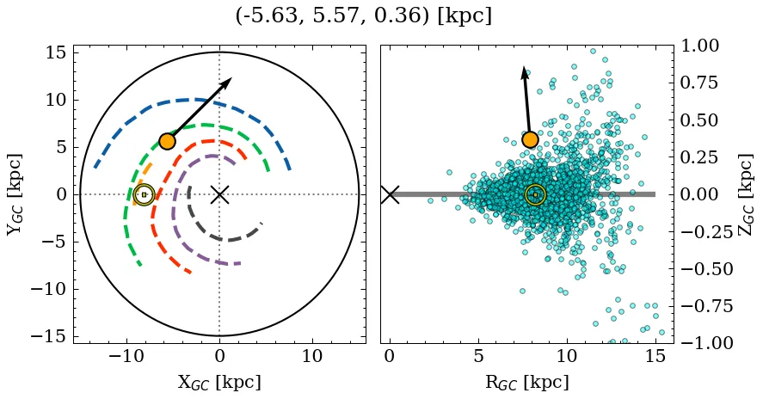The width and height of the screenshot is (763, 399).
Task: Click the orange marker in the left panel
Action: point(167,141)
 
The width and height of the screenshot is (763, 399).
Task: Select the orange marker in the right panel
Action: point(530,139)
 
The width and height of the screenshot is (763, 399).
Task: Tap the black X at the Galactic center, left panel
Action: point(219,194)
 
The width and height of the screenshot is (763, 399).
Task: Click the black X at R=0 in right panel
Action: point(390,194)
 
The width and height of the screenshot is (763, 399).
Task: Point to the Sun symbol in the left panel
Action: point(144,195)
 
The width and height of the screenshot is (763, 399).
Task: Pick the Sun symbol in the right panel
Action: point(535,195)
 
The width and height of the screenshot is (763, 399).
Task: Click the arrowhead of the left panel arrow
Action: point(228,81)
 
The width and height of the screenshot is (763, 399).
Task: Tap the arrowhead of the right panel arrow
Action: point(523,71)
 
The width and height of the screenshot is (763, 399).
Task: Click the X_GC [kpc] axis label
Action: point(219,382)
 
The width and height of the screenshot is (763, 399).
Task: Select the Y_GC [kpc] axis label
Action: point(14,194)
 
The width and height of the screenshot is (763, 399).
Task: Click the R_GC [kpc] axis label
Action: point(526,382)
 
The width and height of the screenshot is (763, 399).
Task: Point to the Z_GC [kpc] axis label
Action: point(745,194)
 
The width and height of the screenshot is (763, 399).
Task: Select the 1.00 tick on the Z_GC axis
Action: point(703,46)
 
